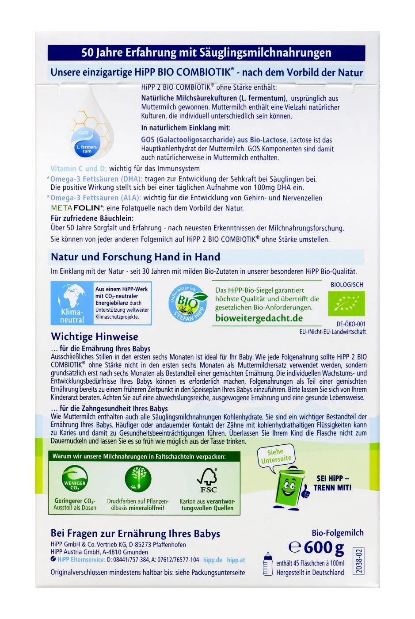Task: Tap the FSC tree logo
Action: [207, 479]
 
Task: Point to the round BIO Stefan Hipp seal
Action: [187, 303]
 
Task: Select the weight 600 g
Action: [317, 548]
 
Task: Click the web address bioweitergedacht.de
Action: [259, 318]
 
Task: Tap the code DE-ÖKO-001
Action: [351, 324]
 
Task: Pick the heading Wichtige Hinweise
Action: [95, 337]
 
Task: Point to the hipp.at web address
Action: [236, 560]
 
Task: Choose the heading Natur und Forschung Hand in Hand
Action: [135, 257]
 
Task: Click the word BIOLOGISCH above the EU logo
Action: [346, 285]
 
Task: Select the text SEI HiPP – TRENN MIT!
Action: [333, 483]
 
